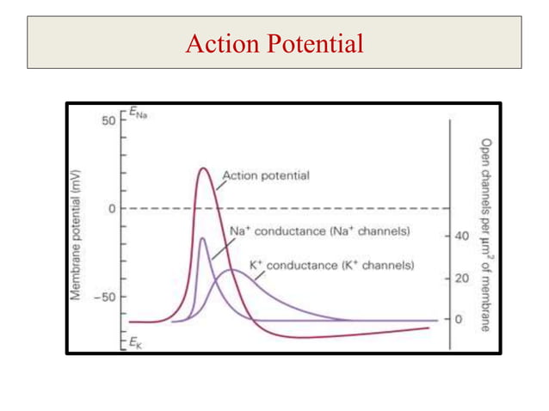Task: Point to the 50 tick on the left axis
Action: (108, 121)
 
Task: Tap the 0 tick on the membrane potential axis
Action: (111, 208)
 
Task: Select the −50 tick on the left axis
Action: (105, 297)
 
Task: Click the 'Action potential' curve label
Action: (266, 175)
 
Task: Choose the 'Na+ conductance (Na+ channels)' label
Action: (319, 231)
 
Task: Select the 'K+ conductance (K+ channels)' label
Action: (331, 267)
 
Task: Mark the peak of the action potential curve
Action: (203, 169)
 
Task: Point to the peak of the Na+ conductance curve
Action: (202, 238)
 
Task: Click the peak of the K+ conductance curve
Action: (231, 270)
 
